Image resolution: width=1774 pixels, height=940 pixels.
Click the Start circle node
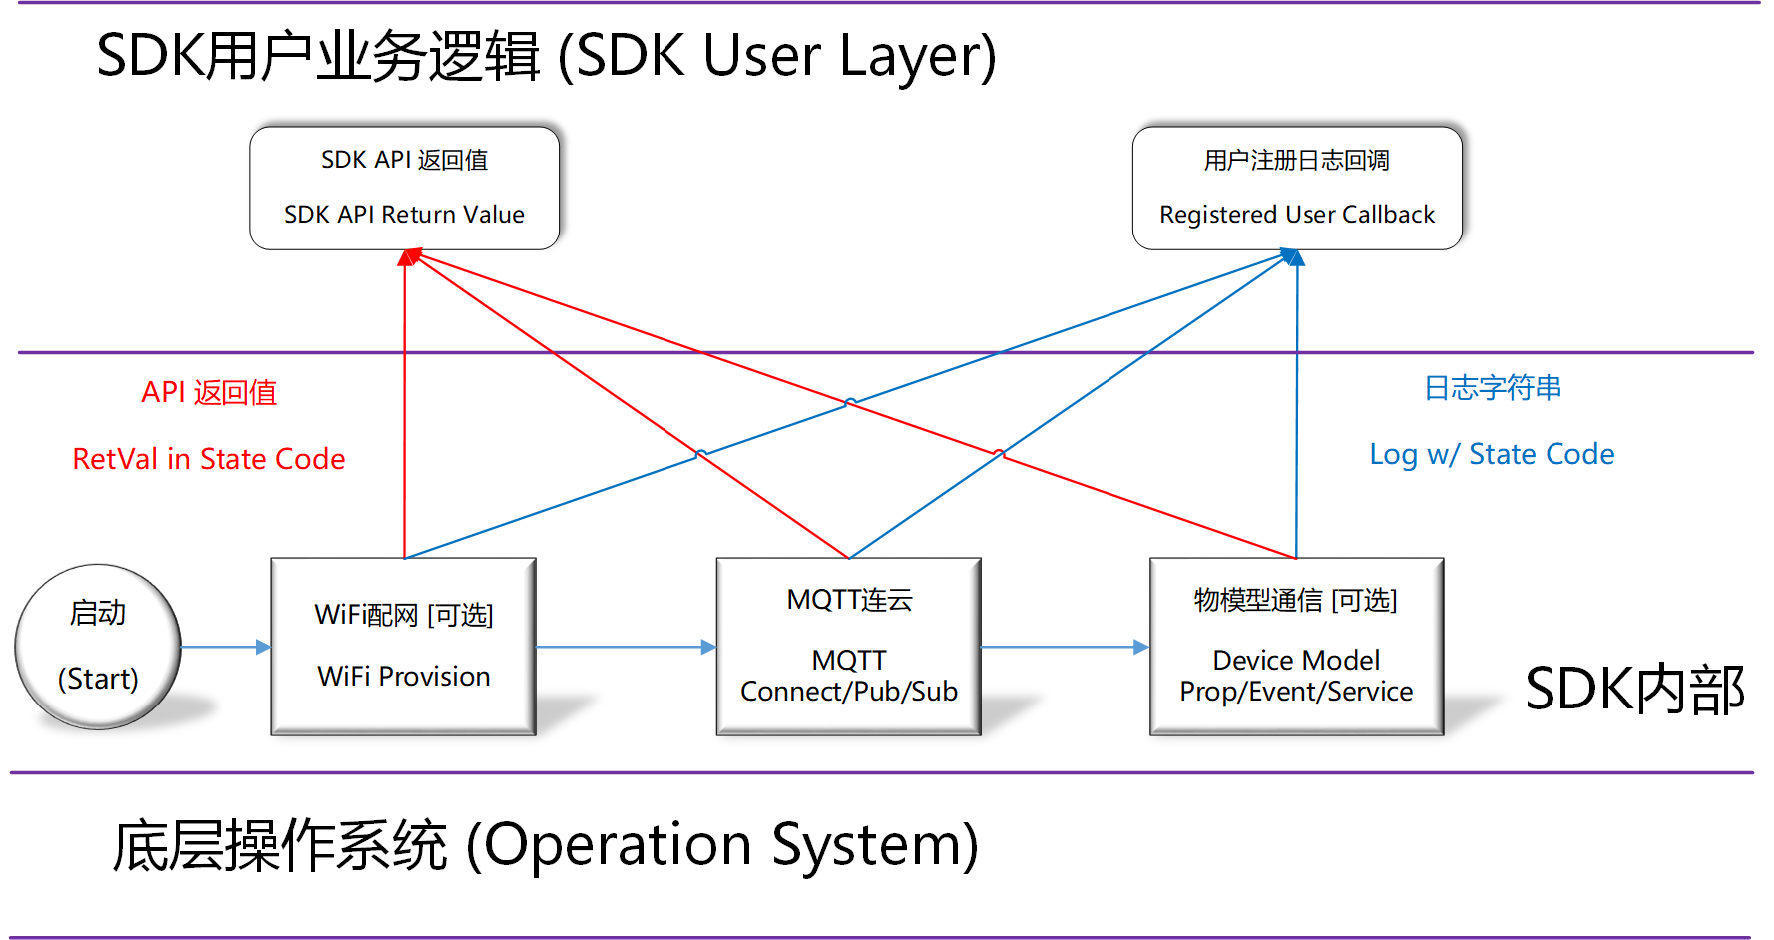coord(98,646)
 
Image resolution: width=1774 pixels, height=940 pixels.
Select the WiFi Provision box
coord(403,646)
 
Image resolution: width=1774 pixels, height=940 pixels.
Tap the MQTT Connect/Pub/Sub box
coord(848,646)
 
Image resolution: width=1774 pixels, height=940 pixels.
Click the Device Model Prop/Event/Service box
coord(1296,646)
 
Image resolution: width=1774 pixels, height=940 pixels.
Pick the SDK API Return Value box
coord(404,188)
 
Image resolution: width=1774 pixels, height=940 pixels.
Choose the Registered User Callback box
coord(1296,188)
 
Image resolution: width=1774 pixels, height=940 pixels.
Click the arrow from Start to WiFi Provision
coord(225,647)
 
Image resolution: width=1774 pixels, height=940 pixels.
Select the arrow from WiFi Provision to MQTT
coord(626,647)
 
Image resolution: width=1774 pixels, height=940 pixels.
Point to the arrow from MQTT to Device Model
coord(1065,647)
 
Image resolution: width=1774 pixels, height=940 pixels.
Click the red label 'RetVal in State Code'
coord(209,459)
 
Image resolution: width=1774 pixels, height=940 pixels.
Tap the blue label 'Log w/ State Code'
coord(1491,454)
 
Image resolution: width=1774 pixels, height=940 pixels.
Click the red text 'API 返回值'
coord(209,392)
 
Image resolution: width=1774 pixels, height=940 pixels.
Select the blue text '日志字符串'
coord(1492,388)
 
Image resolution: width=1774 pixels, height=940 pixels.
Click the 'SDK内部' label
coord(1634,690)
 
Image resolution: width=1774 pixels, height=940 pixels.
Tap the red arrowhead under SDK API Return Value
coord(407,257)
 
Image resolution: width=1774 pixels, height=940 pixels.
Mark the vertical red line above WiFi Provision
coord(404,419)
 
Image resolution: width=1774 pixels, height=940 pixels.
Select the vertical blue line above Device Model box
coord(1296,419)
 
